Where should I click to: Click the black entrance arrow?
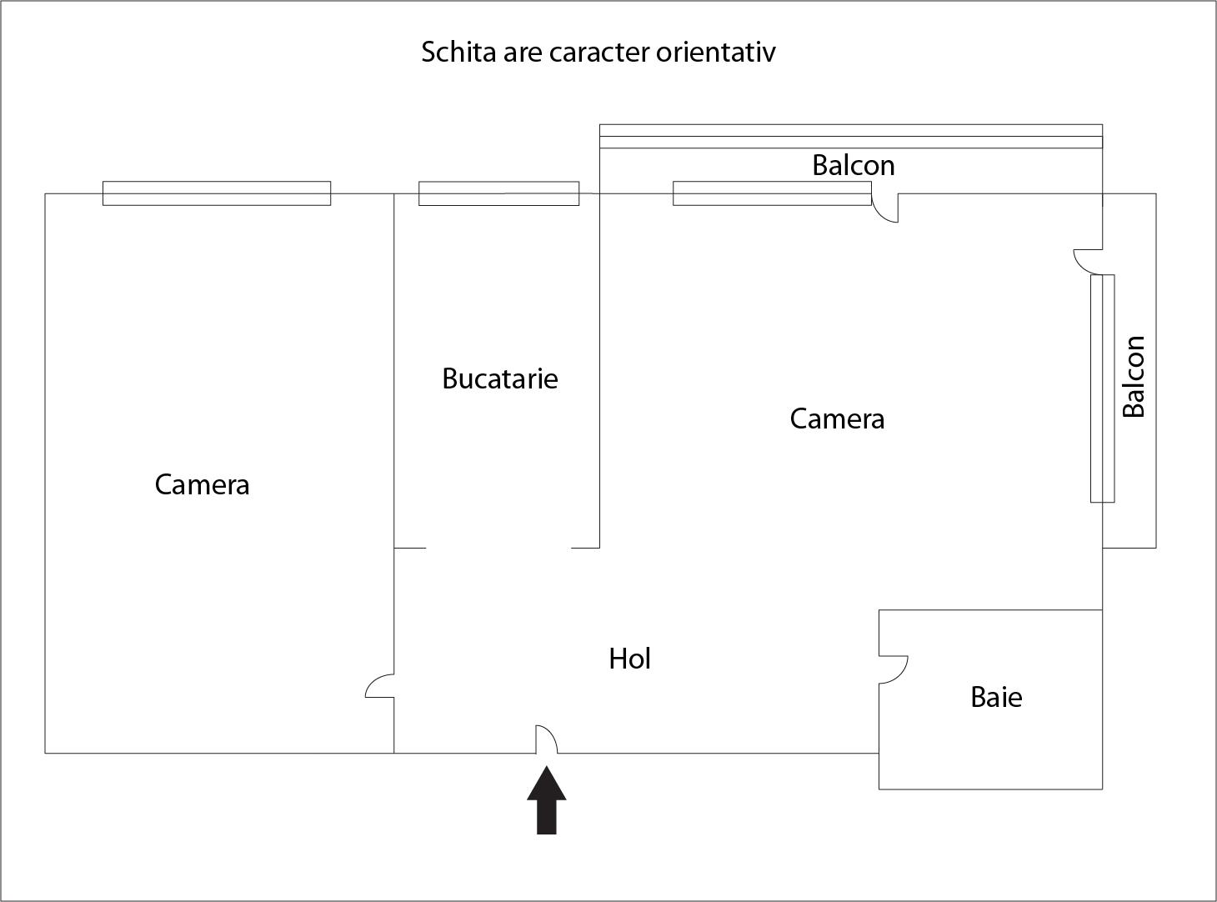tap(547, 800)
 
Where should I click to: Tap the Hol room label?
tap(630, 659)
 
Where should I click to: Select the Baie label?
tap(996, 698)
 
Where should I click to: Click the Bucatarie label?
tap(500, 378)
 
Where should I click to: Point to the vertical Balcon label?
tap(1134, 377)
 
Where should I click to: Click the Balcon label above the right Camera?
tap(854, 165)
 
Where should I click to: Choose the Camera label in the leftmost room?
tap(202, 485)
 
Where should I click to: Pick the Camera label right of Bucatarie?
tap(837, 419)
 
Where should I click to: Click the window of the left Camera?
tap(217, 193)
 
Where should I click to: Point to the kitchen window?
tap(498, 193)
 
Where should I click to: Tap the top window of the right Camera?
tap(772, 193)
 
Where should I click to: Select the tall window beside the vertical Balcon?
tap(1102, 388)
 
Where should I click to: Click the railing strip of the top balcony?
tap(851, 136)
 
